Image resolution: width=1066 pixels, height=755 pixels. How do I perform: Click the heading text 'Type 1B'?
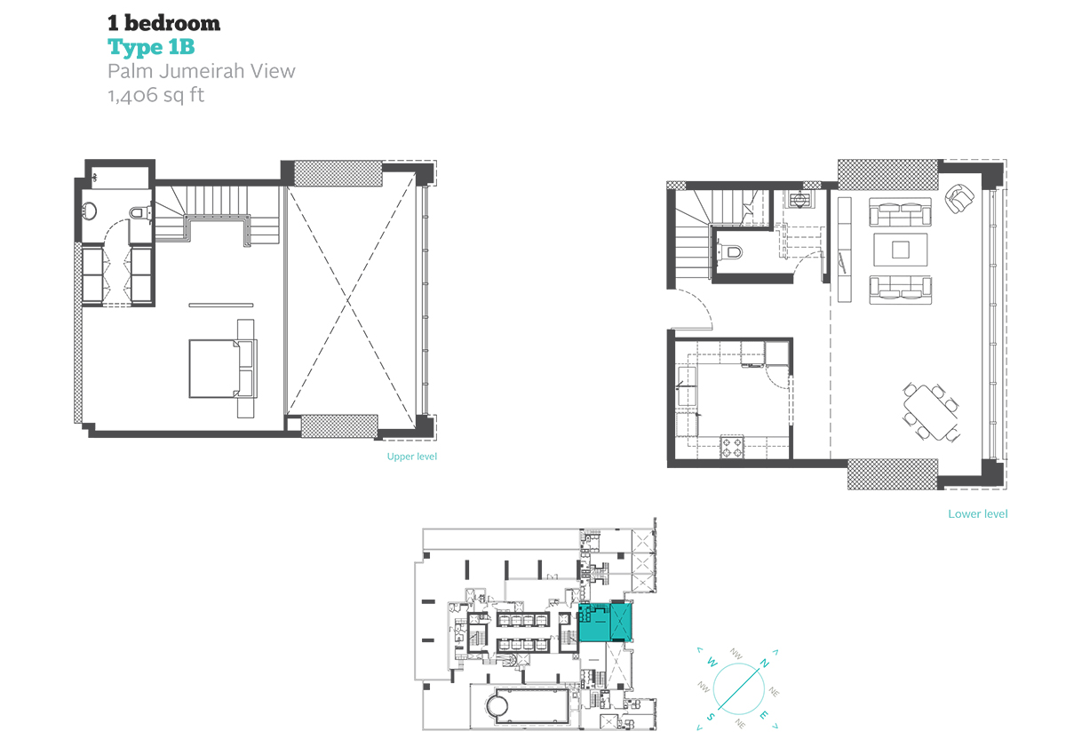tap(151, 48)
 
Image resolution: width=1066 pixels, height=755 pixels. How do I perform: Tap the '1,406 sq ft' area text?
tap(156, 95)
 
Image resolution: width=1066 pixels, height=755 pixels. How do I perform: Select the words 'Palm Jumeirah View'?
tap(202, 71)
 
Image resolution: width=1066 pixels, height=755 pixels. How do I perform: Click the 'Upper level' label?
tap(411, 457)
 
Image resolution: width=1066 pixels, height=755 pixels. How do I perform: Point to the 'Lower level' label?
tap(977, 513)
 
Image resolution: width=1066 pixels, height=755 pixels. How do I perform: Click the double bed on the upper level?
tap(222, 369)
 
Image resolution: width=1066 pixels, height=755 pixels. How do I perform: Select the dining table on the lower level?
tap(931, 412)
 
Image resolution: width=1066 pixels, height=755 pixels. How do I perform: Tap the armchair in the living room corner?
tap(959, 198)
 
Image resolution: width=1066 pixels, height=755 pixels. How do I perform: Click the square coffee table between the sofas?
tap(901, 250)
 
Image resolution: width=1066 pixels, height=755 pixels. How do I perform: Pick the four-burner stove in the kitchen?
tap(732, 447)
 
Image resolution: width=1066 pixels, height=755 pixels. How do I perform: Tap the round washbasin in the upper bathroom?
tap(89, 211)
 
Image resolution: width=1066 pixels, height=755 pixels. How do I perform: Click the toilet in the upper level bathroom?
tap(139, 212)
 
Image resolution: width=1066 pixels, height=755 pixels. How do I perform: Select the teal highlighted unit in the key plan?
tap(605, 623)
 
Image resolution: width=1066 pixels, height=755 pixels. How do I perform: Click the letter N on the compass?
tap(764, 663)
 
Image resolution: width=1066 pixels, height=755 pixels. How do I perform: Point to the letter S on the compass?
tap(710, 717)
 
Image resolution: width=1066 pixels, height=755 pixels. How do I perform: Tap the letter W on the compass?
tap(712, 662)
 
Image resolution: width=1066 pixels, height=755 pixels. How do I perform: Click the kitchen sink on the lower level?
tap(686, 386)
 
